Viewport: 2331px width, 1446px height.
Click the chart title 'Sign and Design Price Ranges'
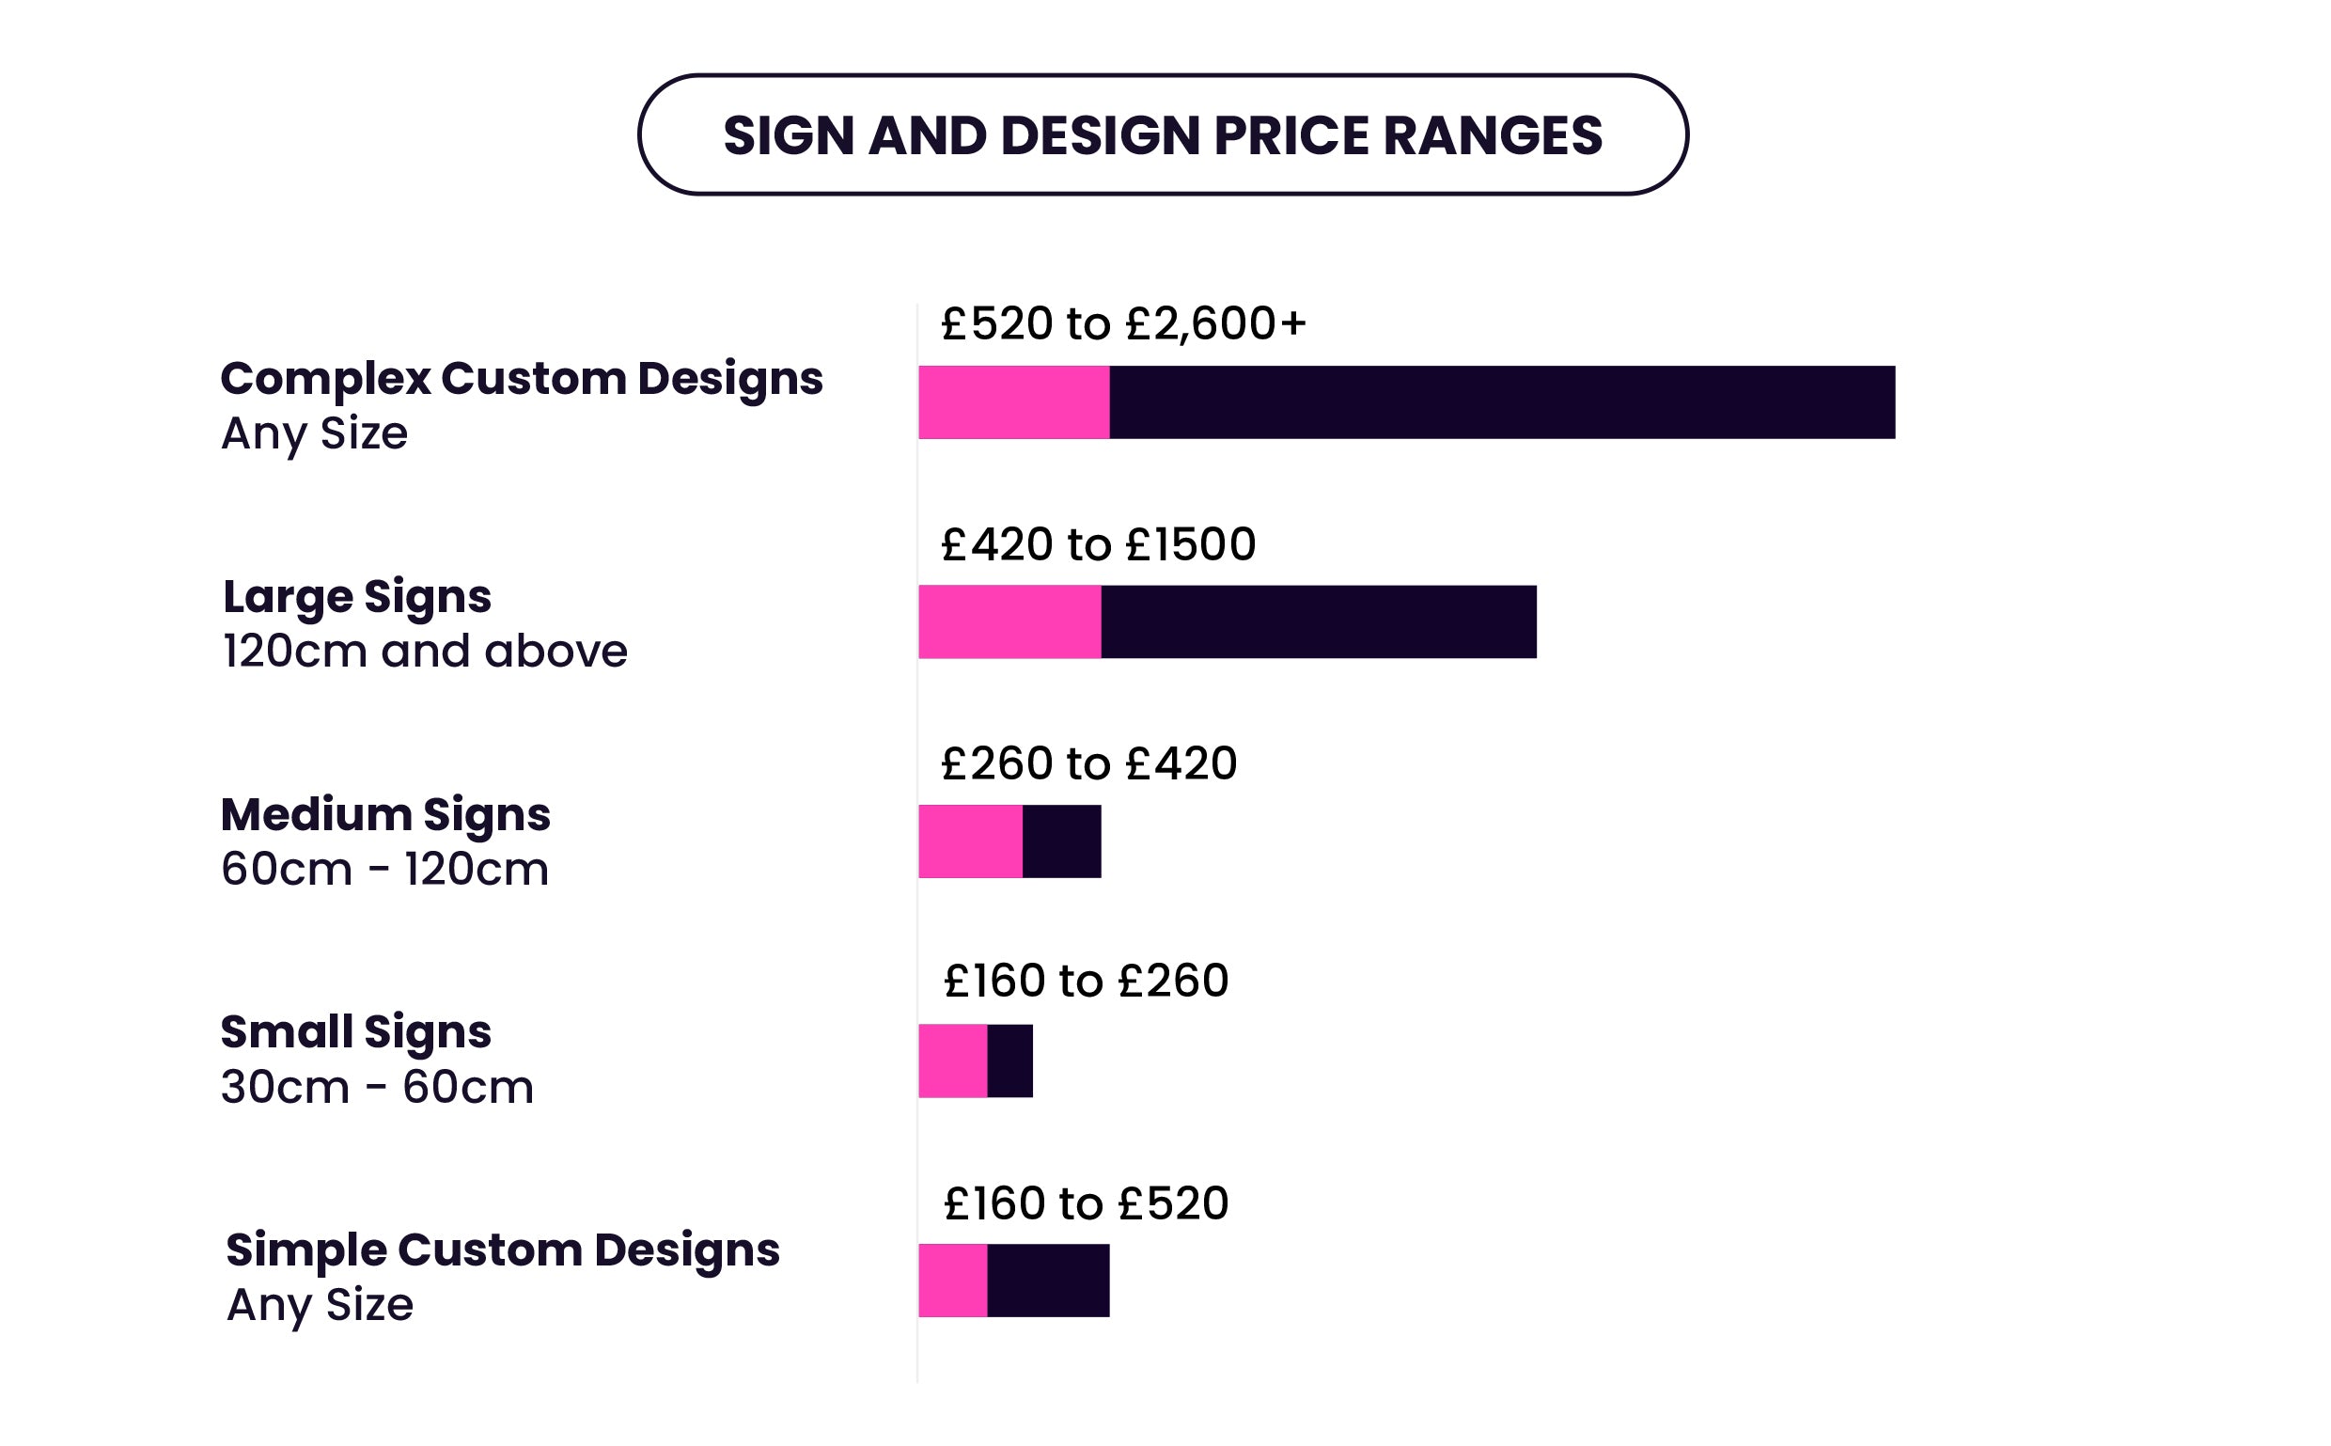(1162, 134)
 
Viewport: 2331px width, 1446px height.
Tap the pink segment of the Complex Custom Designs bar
(1013, 401)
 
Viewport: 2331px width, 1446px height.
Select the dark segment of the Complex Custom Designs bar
(1501, 401)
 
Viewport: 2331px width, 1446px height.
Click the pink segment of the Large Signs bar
(1009, 621)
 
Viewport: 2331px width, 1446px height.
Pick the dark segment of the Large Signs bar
(1318, 621)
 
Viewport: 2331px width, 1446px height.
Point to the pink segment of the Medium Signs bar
(969, 841)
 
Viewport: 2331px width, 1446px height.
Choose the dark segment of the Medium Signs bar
(1061, 841)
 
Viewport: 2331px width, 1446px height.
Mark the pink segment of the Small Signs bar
(952, 1061)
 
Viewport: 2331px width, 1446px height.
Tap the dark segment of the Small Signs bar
(1009, 1061)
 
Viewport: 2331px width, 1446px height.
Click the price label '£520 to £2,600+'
(1122, 323)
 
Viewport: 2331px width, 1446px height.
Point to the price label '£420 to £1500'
(1098, 544)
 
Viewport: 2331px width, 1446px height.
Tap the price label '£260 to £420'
(1088, 763)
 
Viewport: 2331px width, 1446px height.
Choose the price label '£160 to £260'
(1086, 982)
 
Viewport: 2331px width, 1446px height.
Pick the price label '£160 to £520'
(1086, 1203)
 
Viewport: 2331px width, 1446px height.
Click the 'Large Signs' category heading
(356, 597)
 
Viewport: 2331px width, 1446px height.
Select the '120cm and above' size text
(425, 652)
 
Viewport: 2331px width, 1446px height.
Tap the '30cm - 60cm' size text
(377, 1088)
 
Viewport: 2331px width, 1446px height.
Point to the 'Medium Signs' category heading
(385, 815)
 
